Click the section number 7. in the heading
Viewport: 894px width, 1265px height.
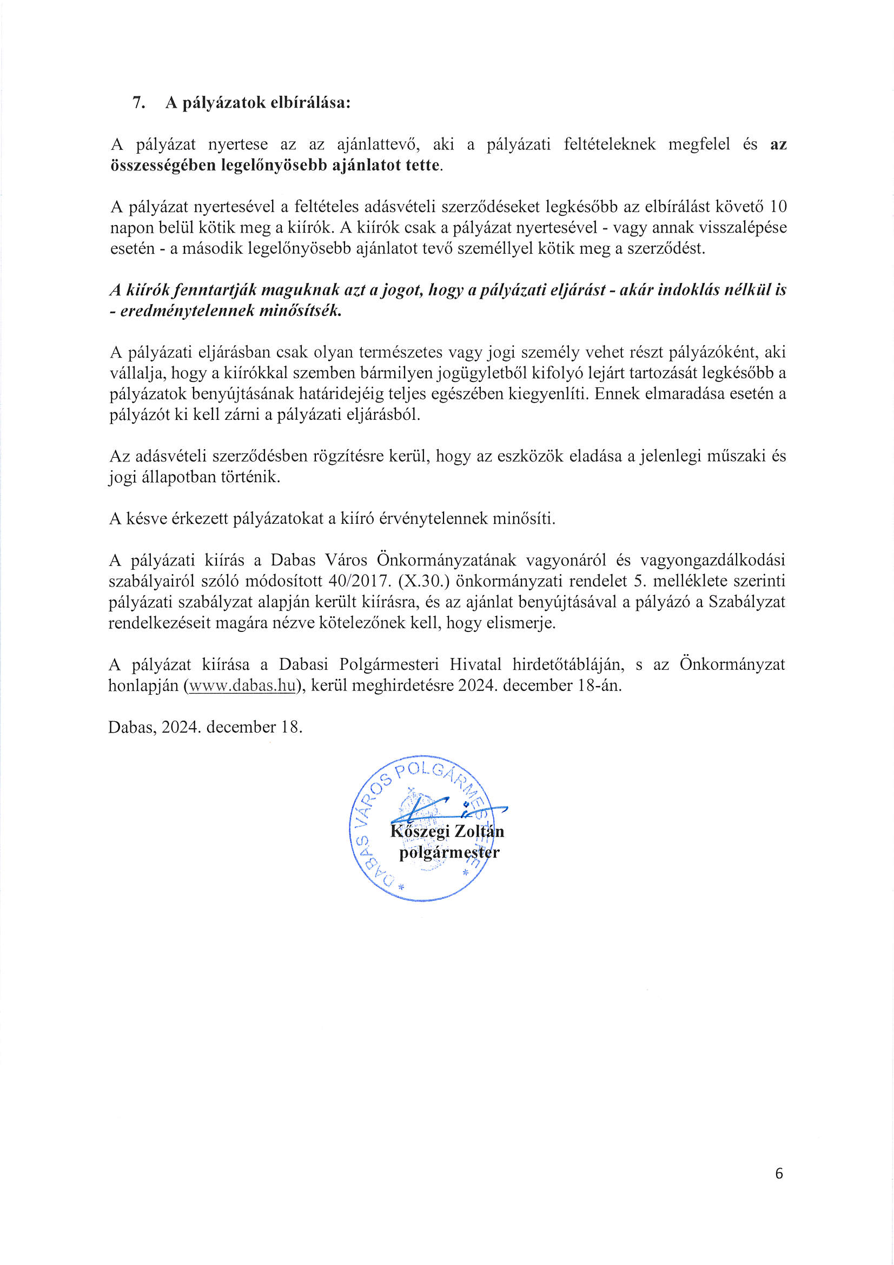point(139,103)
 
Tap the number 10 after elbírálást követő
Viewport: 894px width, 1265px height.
point(778,207)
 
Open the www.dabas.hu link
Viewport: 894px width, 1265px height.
point(241,686)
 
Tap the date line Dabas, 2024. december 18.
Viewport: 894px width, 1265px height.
point(206,727)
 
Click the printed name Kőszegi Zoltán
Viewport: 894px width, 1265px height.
point(447,832)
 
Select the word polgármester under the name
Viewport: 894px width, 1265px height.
point(449,853)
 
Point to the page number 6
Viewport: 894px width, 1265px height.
point(778,1174)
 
